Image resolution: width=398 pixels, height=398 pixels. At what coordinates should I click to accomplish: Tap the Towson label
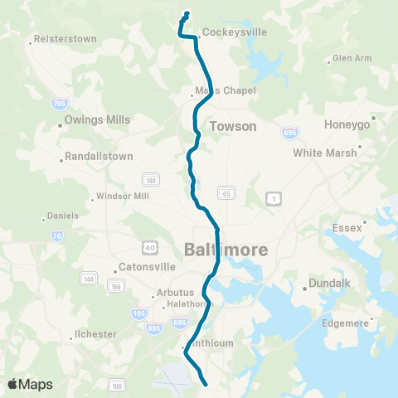[233, 127]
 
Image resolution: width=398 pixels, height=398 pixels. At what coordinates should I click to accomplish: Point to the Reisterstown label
[66, 39]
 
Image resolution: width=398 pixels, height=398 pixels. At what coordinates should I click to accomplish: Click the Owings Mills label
[99, 119]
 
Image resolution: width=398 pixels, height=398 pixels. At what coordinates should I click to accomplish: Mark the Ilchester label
[95, 334]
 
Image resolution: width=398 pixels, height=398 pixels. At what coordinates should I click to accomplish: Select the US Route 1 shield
[273, 198]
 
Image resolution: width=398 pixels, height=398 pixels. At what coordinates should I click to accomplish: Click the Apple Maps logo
[30, 384]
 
